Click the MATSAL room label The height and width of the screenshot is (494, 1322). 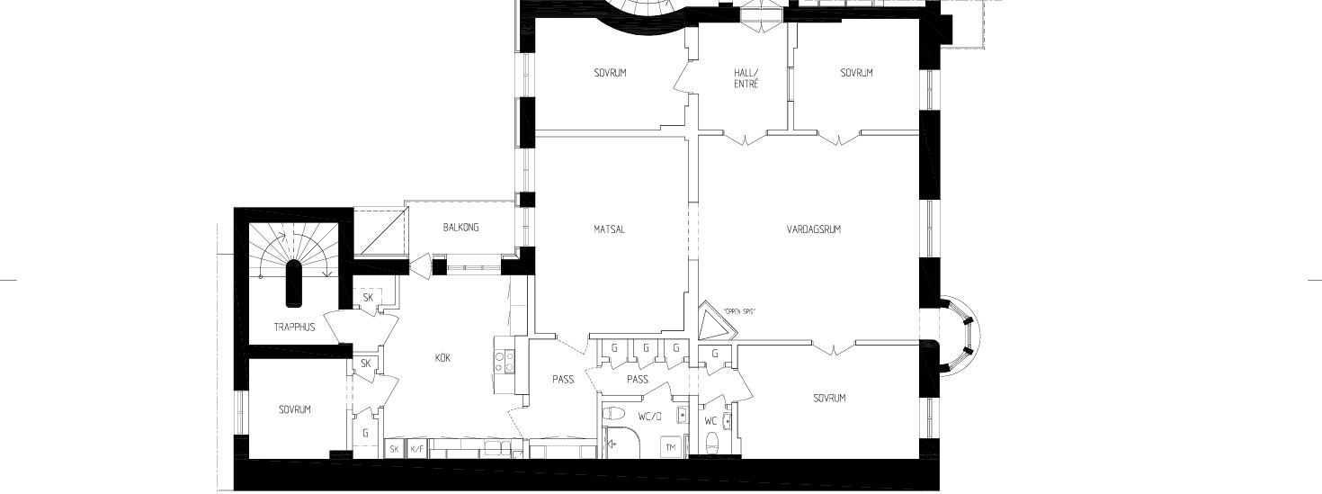pyautogui.click(x=609, y=229)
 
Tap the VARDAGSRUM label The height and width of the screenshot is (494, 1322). pyautogui.click(x=813, y=229)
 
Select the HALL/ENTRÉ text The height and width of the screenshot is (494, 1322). pyautogui.click(x=746, y=78)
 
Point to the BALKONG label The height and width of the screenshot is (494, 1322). pyautogui.click(x=461, y=228)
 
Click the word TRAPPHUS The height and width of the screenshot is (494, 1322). pyautogui.click(x=294, y=328)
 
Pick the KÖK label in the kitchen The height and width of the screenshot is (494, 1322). pyautogui.click(x=442, y=358)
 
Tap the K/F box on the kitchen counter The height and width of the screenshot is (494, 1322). pyautogui.click(x=416, y=449)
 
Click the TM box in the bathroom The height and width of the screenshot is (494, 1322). pyautogui.click(x=671, y=448)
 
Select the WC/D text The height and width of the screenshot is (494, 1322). pyautogui.click(x=649, y=417)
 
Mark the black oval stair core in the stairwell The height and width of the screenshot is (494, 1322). pyautogui.click(x=294, y=283)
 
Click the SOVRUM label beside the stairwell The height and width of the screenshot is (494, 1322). pyautogui.click(x=294, y=409)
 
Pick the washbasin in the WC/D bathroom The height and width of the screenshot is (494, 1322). pyautogui.click(x=682, y=416)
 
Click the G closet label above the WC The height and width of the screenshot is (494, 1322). pyautogui.click(x=715, y=355)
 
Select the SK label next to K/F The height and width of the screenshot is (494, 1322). pyautogui.click(x=394, y=449)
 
